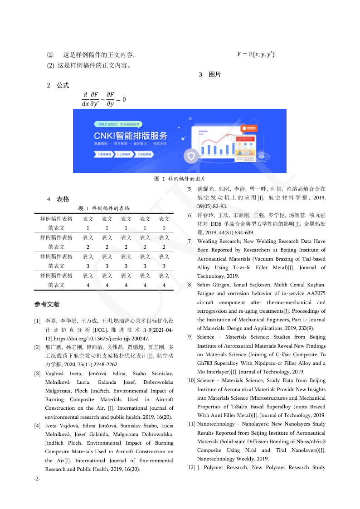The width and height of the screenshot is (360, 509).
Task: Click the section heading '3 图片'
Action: (x=210, y=75)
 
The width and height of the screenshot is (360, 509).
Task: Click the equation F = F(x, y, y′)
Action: (x=256, y=55)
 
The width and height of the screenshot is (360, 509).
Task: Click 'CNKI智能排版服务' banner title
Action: (x=130, y=136)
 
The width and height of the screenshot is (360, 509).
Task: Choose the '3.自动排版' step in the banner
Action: (x=145, y=154)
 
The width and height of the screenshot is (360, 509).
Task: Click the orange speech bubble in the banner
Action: (x=249, y=129)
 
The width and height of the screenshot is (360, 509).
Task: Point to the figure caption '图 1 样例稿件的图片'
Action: (x=180, y=179)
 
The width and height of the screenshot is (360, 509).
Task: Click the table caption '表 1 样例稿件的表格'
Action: (x=104, y=208)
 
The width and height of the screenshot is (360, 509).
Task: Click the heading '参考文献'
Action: (x=47, y=304)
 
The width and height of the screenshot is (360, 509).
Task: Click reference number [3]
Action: (x=38, y=373)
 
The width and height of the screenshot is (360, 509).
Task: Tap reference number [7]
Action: (x=190, y=242)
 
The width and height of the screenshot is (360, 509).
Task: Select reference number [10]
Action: (x=190, y=380)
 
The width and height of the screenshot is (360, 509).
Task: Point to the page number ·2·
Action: (x=37, y=479)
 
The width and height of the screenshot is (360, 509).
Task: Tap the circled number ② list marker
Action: (x=50, y=55)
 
